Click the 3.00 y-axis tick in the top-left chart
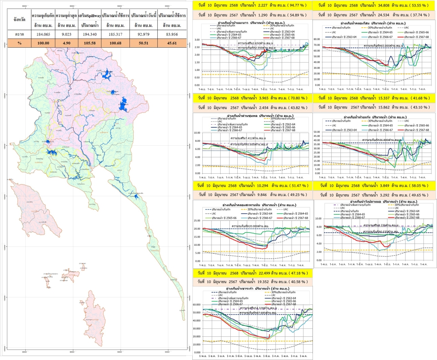(197, 39)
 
